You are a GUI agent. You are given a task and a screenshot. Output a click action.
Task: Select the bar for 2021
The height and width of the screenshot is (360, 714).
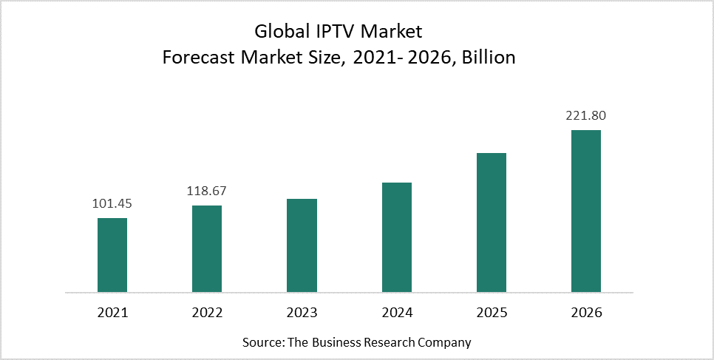[x=112, y=254]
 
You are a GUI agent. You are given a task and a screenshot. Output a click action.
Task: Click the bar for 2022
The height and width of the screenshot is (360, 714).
[x=207, y=248]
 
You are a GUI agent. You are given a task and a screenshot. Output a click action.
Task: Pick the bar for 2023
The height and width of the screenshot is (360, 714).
[x=302, y=245]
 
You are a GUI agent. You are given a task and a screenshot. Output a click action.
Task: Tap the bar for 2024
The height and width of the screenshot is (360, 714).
[x=397, y=237]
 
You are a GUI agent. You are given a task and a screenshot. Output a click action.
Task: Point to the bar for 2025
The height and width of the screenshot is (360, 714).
[x=492, y=222]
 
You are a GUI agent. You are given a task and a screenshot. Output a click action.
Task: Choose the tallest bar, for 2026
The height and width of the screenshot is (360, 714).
[x=586, y=211]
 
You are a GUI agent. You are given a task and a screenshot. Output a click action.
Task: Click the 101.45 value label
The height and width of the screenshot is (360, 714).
[x=112, y=204]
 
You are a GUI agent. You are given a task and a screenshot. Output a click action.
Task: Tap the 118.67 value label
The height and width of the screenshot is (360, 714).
[x=207, y=191]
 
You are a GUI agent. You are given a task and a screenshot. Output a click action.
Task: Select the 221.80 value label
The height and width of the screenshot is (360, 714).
[x=586, y=115]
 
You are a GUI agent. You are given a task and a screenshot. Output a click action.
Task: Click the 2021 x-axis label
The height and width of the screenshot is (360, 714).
[x=112, y=313]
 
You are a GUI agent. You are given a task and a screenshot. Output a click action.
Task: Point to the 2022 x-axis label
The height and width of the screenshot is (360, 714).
[x=207, y=313]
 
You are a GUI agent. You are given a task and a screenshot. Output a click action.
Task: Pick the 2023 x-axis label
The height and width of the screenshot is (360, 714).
[x=302, y=313]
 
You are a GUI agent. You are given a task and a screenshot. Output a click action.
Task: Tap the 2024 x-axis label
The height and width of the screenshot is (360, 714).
[x=397, y=313]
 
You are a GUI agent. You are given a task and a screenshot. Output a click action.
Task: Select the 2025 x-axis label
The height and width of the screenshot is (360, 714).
[x=492, y=313]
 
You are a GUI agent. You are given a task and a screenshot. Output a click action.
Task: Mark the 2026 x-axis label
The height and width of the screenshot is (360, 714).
[x=586, y=313]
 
